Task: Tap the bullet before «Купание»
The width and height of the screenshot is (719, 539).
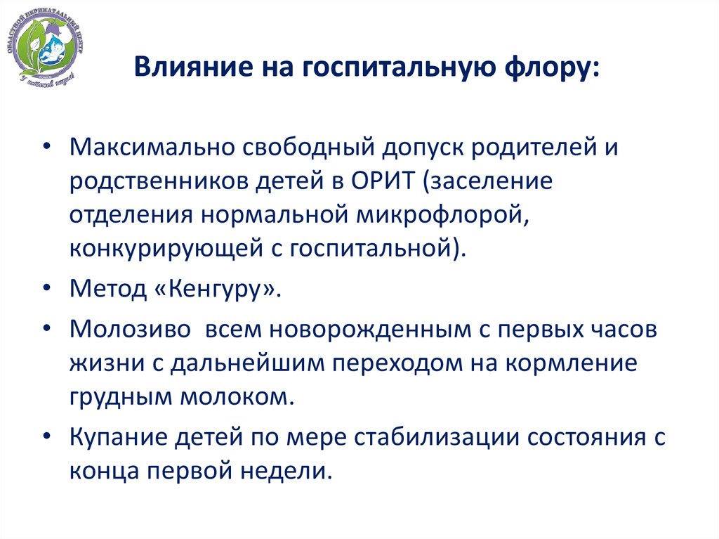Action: tap(46, 436)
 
